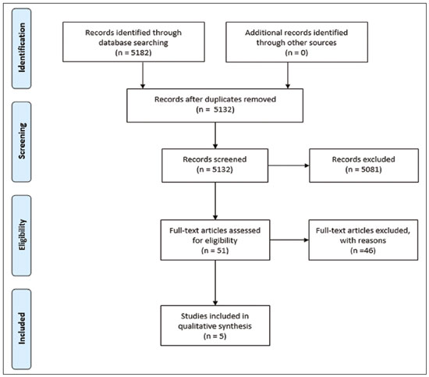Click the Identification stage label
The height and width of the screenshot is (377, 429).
(22, 48)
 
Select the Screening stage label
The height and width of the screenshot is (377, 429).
(22, 141)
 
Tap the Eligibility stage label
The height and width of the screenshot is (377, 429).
(22, 235)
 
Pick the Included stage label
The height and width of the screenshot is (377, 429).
(22, 329)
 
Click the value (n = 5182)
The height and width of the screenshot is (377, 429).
(133, 52)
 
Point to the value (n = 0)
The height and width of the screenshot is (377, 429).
(296, 52)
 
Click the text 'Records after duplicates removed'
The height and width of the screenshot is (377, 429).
(215, 99)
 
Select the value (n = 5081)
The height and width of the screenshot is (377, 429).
(363, 169)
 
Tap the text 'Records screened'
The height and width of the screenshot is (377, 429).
(214, 159)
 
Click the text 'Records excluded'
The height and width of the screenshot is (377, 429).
(363, 159)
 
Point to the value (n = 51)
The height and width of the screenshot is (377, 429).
(214, 251)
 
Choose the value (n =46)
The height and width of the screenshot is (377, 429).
(363, 251)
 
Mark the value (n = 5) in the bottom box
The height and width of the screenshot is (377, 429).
(215, 336)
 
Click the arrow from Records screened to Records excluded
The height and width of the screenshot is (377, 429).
(289, 165)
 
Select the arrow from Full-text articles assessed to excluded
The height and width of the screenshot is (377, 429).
(289, 240)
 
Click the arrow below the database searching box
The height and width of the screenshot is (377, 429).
(143, 75)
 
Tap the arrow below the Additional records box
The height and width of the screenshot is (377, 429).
(288, 75)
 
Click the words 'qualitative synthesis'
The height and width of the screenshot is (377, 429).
(214, 326)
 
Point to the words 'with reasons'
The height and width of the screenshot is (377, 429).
(363, 240)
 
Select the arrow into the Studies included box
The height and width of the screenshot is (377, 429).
(215, 283)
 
